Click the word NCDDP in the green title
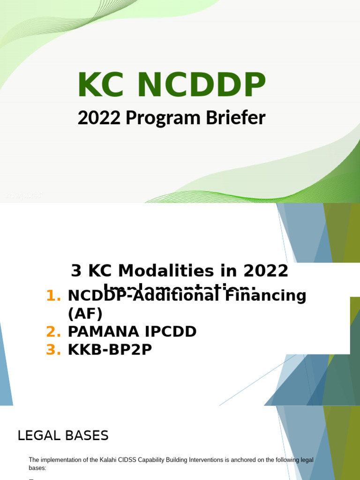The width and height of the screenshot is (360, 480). tap(202, 86)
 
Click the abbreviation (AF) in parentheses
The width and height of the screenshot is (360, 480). tap(85, 314)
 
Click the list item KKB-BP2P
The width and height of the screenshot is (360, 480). tap(110, 350)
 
